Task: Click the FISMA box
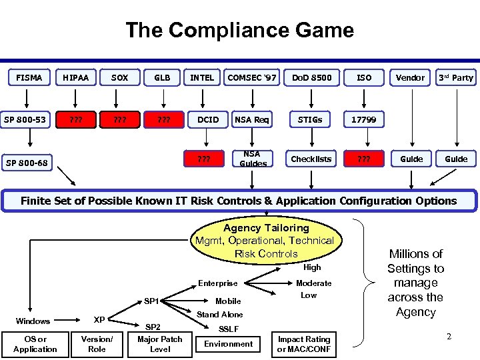[29, 78]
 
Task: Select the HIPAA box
[75, 78]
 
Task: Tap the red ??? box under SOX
[120, 119]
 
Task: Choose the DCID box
[208, 119]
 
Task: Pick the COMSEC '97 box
[252, 78]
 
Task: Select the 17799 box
[364, 119]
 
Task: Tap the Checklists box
[311, 159]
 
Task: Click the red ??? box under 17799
[364, 159]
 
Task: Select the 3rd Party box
[456, 78]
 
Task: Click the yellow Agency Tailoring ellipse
[265, 241]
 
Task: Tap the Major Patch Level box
[159, 343]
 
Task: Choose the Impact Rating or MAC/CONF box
[304, 343]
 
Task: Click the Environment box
[228, 343]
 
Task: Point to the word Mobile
[228, 301]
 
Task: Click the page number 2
[449, 337]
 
